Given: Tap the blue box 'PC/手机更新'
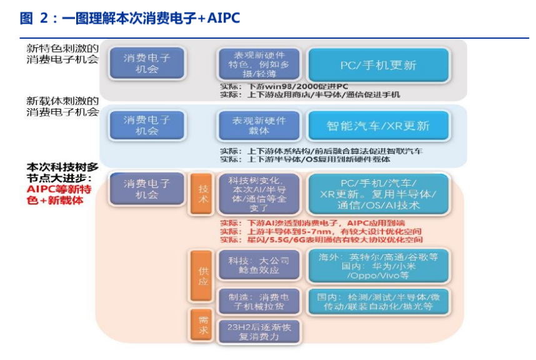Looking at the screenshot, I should pyautogui.click(x=378, y=65).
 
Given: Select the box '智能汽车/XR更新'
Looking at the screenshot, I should pyautogui.click(x=378, y=126).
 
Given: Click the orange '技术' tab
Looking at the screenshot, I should pyautogui.click(x=202, y=194).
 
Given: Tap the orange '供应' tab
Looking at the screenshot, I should pyautogui.click(x=202, y=276).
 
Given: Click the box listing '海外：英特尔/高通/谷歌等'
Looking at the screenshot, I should pyautogui.click(x=378, y=266).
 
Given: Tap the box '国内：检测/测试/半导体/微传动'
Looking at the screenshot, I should pyautogui.click(x=378, y=301).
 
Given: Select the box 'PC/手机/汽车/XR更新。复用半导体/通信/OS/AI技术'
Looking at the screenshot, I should pyautogui.click(x=378, y=194).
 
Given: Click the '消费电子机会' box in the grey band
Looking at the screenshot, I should pyautogui.click(x=147, y=63).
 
